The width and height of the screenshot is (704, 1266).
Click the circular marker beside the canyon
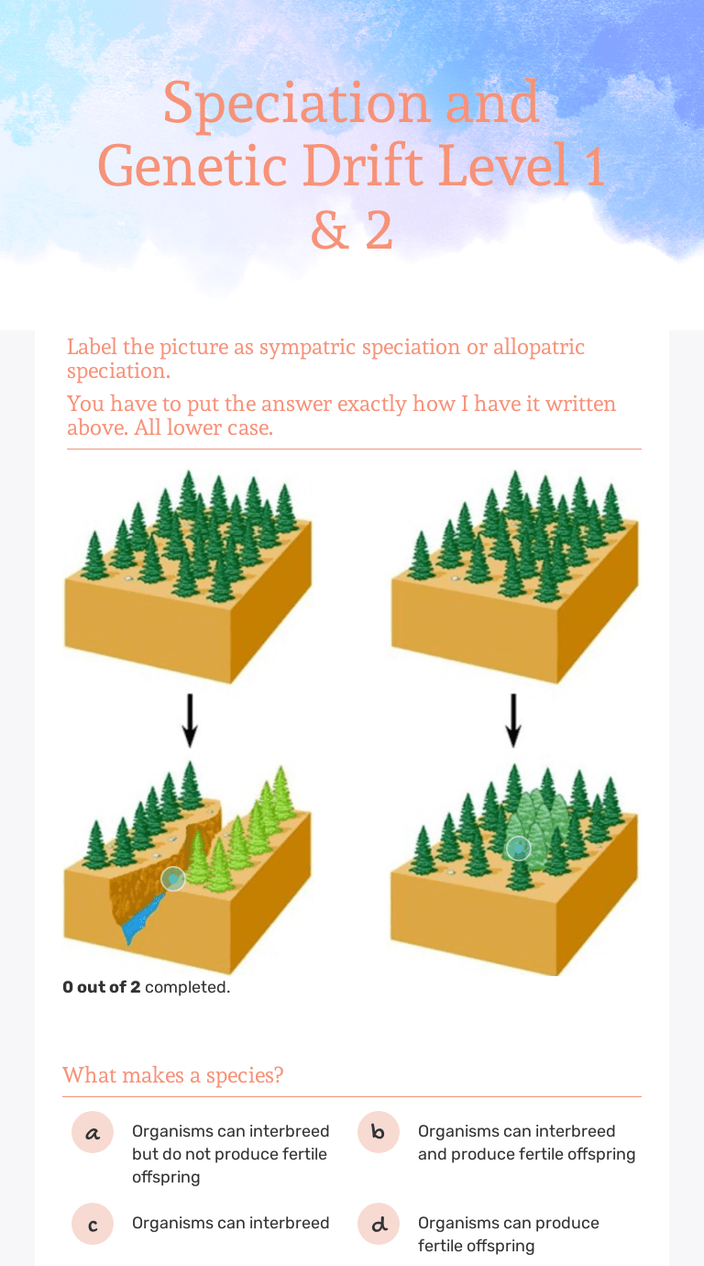172,879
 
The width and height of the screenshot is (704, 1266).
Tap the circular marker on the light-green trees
519,848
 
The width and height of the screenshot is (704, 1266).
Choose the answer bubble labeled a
93,1132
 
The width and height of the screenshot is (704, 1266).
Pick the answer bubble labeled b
379,1132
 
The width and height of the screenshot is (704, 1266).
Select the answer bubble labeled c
93,1224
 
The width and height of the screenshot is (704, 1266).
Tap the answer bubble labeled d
379,1224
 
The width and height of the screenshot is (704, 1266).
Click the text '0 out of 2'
102,987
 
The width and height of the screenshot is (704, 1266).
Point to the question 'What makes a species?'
173,1074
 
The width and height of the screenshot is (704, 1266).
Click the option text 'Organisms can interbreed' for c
230,1223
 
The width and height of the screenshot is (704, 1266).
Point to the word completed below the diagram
187,987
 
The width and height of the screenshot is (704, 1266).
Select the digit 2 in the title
379,231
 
